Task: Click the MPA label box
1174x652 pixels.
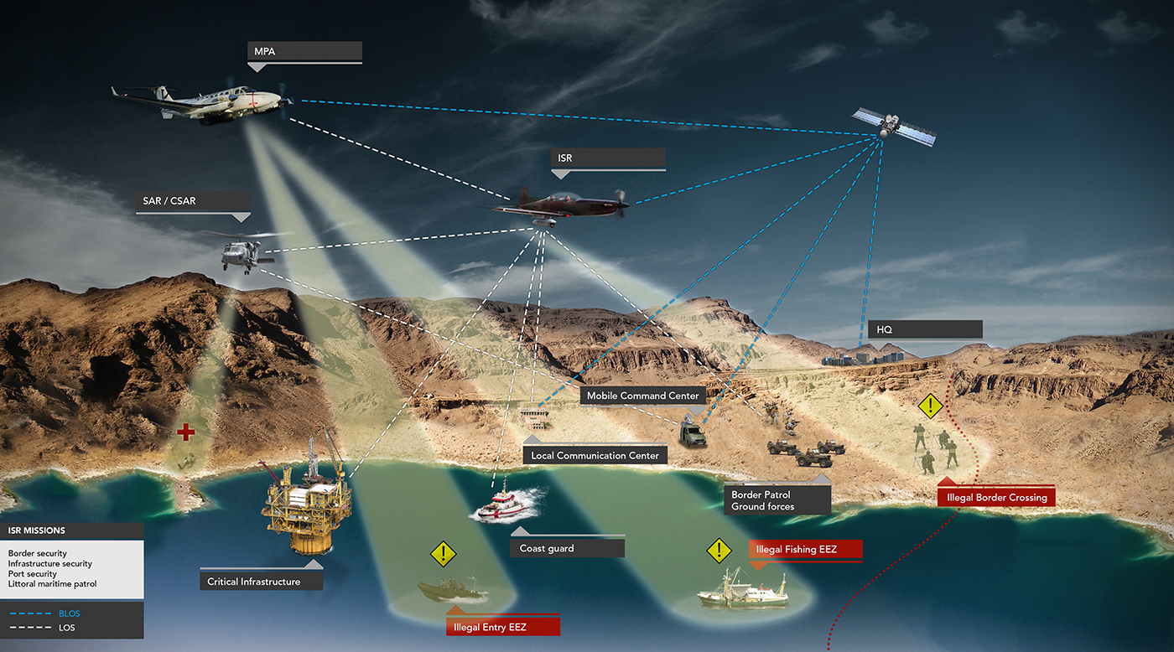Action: click(x=307, y=52)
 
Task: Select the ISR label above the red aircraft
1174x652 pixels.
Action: click(x=608, y=158)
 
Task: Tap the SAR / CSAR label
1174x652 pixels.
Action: click(x=193, y=202)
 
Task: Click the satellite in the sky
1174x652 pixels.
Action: click(x=893, y=126)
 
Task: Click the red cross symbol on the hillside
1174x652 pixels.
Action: click(x=185, y=432)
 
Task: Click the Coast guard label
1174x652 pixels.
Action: click(x=567, y=548)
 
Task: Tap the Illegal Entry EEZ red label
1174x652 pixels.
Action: click(x=501, y=627)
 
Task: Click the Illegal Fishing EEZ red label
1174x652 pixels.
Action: click(x=805, y=550)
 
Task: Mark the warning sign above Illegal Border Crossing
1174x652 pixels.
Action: click(x=930, y=406)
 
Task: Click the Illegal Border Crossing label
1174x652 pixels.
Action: click(x=996, y=498)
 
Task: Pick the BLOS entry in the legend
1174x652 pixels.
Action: click(x=59, y=613)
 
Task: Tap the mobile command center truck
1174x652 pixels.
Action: click(x=693, y=433)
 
